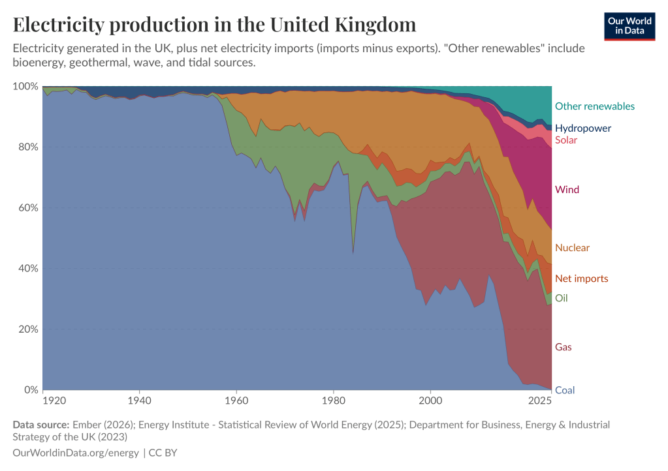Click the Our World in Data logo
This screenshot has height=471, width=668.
[629, 25]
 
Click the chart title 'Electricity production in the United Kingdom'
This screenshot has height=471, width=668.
[214, 25]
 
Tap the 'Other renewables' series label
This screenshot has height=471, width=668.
[594, 106]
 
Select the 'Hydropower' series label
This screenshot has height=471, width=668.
[583, 128]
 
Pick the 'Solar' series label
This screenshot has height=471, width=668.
[566, 140]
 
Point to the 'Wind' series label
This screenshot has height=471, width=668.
[567, 190]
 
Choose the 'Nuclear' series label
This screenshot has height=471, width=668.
[572, 248]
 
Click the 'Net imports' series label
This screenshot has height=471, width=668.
[581, 279]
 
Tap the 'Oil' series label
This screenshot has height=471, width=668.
[561, 298]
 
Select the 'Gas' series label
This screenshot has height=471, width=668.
[563, 347]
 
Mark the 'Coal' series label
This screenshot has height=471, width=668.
[564, 391]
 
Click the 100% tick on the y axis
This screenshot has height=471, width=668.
[25, 87]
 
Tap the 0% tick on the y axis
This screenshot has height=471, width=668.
[31, 391]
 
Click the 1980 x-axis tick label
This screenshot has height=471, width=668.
[333, 399]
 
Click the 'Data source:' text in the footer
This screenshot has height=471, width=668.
[40, 425]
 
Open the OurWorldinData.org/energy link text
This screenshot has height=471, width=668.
[75, 452]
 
